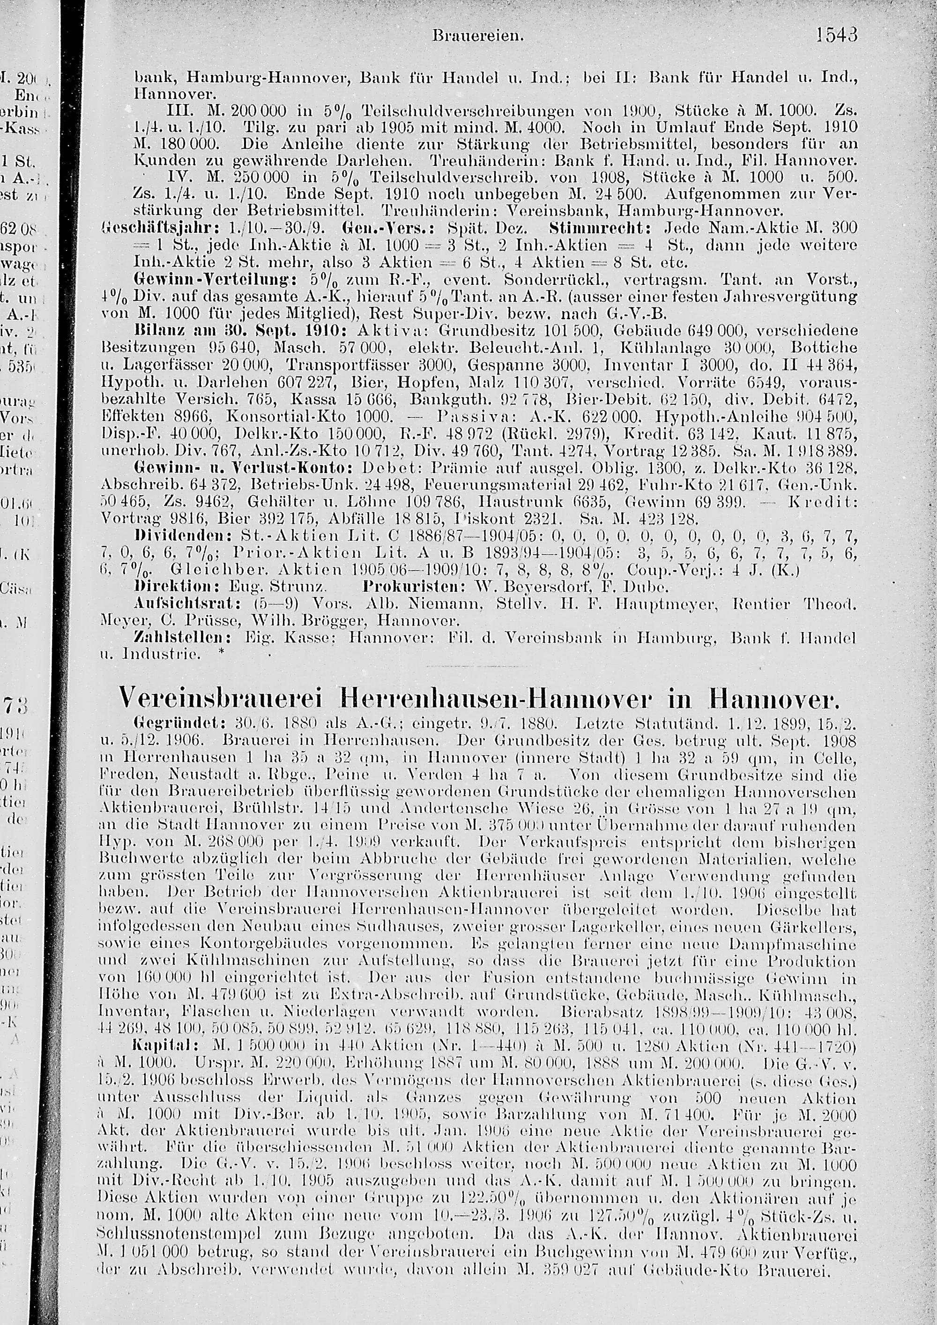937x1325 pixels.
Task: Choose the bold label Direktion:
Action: (164, 588)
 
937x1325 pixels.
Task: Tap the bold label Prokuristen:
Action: (404, 588)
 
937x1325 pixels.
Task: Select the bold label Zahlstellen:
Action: (169, 638)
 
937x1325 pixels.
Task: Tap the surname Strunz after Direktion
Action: (297, 588)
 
